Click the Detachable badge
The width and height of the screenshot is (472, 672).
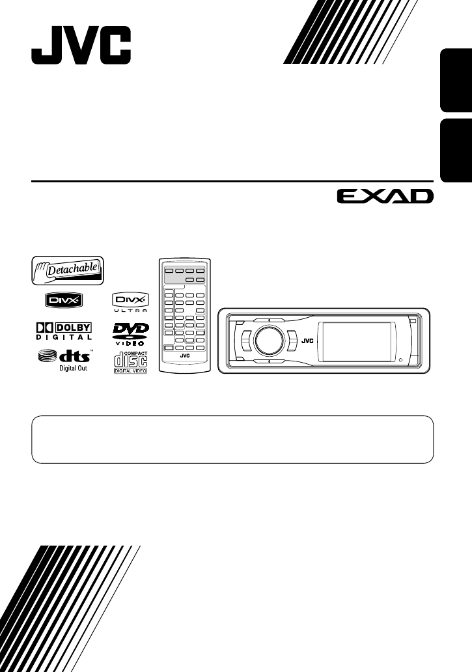pyautogui.click(x=67, y=270)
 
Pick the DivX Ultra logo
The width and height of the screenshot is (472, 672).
pyautogui.click(x=130, y=303)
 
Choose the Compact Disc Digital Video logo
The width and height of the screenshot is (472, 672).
pyautogui.click(x=130, y=362)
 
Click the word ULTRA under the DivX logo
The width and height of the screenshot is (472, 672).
pyautogui.click(x=130, y=312)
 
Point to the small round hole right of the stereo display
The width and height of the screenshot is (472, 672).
pyautogui.click(x=401, y=359)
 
